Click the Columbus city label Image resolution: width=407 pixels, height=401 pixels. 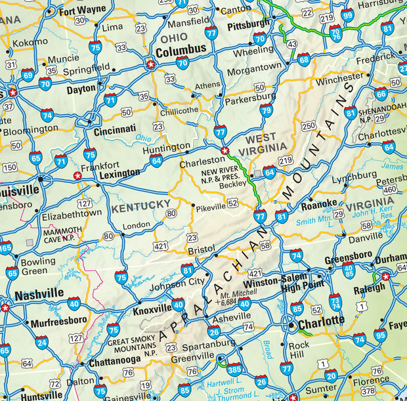pos(181,50)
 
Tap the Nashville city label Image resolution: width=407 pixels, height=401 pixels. pos(39,293)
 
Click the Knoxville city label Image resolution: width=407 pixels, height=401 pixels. pos(152,310)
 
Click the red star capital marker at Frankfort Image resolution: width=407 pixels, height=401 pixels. pos(77,176)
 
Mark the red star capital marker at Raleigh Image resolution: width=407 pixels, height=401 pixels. pos(386,276)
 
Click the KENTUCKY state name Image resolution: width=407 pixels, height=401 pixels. pos(140,206)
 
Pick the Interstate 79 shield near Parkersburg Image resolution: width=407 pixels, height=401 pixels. pos(266,110)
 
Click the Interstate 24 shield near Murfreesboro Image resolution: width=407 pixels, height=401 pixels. pos(42,342)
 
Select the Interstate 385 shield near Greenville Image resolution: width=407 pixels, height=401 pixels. pos(234,368)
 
